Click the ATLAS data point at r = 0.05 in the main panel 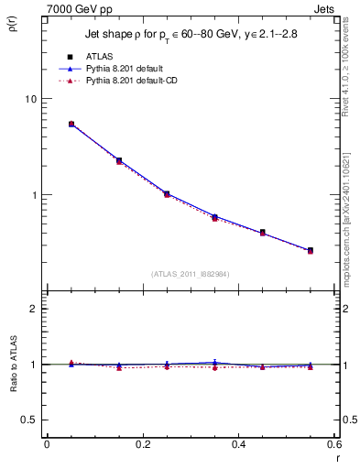coord(71,124)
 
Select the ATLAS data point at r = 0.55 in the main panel coord(310,250)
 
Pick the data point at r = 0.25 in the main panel coord(167,194)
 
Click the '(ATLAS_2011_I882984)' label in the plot coord(191,273)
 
